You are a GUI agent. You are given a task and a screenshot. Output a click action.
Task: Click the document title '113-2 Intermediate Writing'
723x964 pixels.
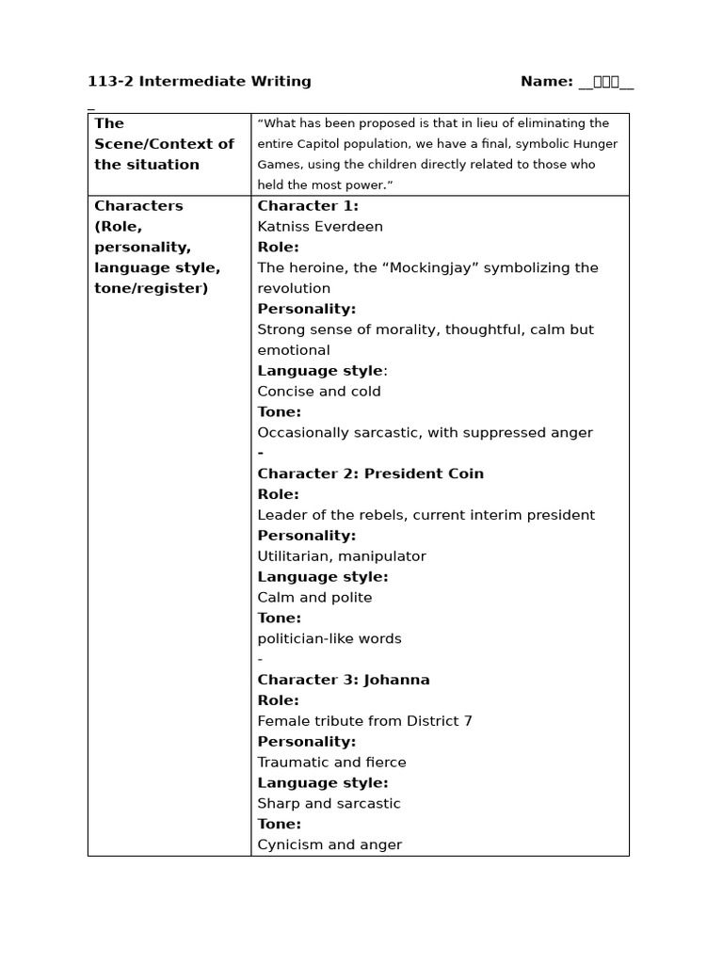pos(200,82)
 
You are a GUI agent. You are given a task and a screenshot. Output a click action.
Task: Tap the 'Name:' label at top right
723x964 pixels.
pos(546,82)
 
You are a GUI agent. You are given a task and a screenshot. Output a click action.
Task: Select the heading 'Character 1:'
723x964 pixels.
pos(308,206)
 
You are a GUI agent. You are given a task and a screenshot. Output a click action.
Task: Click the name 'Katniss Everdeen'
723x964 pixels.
pos(320,227)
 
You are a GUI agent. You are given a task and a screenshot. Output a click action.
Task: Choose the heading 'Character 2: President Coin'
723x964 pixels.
pos(371,474)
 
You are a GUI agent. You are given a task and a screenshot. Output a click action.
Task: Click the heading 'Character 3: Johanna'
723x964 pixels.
pos(344,680)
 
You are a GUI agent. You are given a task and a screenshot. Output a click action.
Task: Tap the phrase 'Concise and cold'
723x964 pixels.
pos(319,392)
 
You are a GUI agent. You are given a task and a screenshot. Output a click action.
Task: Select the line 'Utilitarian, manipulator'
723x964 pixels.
pos(342,556)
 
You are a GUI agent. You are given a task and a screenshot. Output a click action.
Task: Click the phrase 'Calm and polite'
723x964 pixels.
pos(314,598)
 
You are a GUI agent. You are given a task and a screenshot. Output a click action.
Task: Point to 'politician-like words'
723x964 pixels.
pos(329,639)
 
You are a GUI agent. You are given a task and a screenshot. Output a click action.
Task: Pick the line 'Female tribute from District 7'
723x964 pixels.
pos(365,721)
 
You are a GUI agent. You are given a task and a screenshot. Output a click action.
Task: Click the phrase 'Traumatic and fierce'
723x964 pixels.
pos(332,763)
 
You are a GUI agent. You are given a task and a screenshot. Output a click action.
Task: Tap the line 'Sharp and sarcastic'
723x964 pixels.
pos(329,804)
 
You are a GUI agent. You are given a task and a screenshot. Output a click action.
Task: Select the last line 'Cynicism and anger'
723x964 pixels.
pos(329,845)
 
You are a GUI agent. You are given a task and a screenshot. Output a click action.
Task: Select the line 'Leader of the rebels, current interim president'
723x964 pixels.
pos(426,515)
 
